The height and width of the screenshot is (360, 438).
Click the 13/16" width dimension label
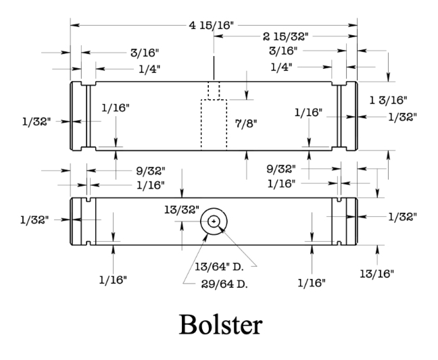coord(379,273)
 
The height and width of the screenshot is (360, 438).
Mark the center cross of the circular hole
coord(214,221)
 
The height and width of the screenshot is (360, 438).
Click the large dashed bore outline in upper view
coord(214,124)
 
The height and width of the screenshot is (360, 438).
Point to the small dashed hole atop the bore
coord(214,91)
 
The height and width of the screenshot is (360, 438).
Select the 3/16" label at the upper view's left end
coord(145,51)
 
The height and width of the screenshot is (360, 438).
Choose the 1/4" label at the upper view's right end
coord(283,67)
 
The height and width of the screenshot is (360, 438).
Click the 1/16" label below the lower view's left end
coord(114,280)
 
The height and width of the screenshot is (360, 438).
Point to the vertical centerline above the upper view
coord(214,67)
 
